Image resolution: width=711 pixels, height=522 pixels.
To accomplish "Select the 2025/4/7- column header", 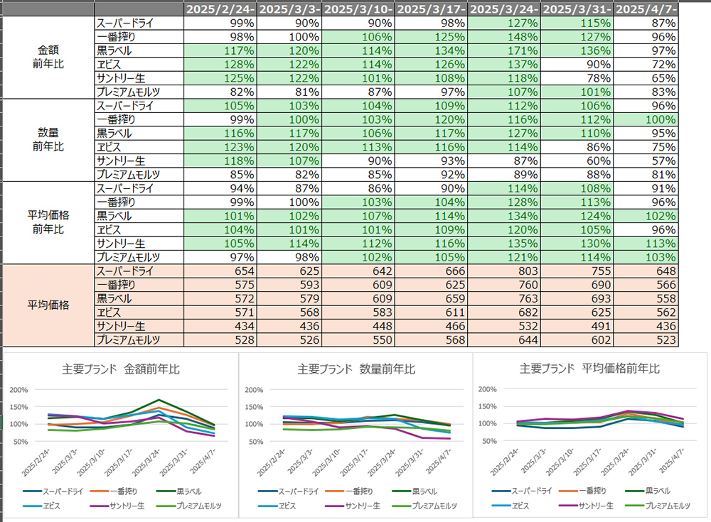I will (646, 9).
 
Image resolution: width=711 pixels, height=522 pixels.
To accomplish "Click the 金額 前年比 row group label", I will (49, 57).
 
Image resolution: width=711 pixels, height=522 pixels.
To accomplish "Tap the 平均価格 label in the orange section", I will (49, 305).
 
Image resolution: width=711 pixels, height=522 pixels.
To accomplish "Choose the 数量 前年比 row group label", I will (49, 140).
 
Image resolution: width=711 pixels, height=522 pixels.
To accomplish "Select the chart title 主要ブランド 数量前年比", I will (356, 369).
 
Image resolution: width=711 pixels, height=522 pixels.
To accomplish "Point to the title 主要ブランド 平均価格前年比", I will (589, 369).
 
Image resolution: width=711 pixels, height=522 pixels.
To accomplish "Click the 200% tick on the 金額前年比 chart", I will (18, 390).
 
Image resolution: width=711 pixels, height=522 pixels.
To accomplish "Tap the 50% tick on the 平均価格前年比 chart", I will (488, 441).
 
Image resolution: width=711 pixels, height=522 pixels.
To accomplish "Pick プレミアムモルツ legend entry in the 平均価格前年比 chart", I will (667, 506).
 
